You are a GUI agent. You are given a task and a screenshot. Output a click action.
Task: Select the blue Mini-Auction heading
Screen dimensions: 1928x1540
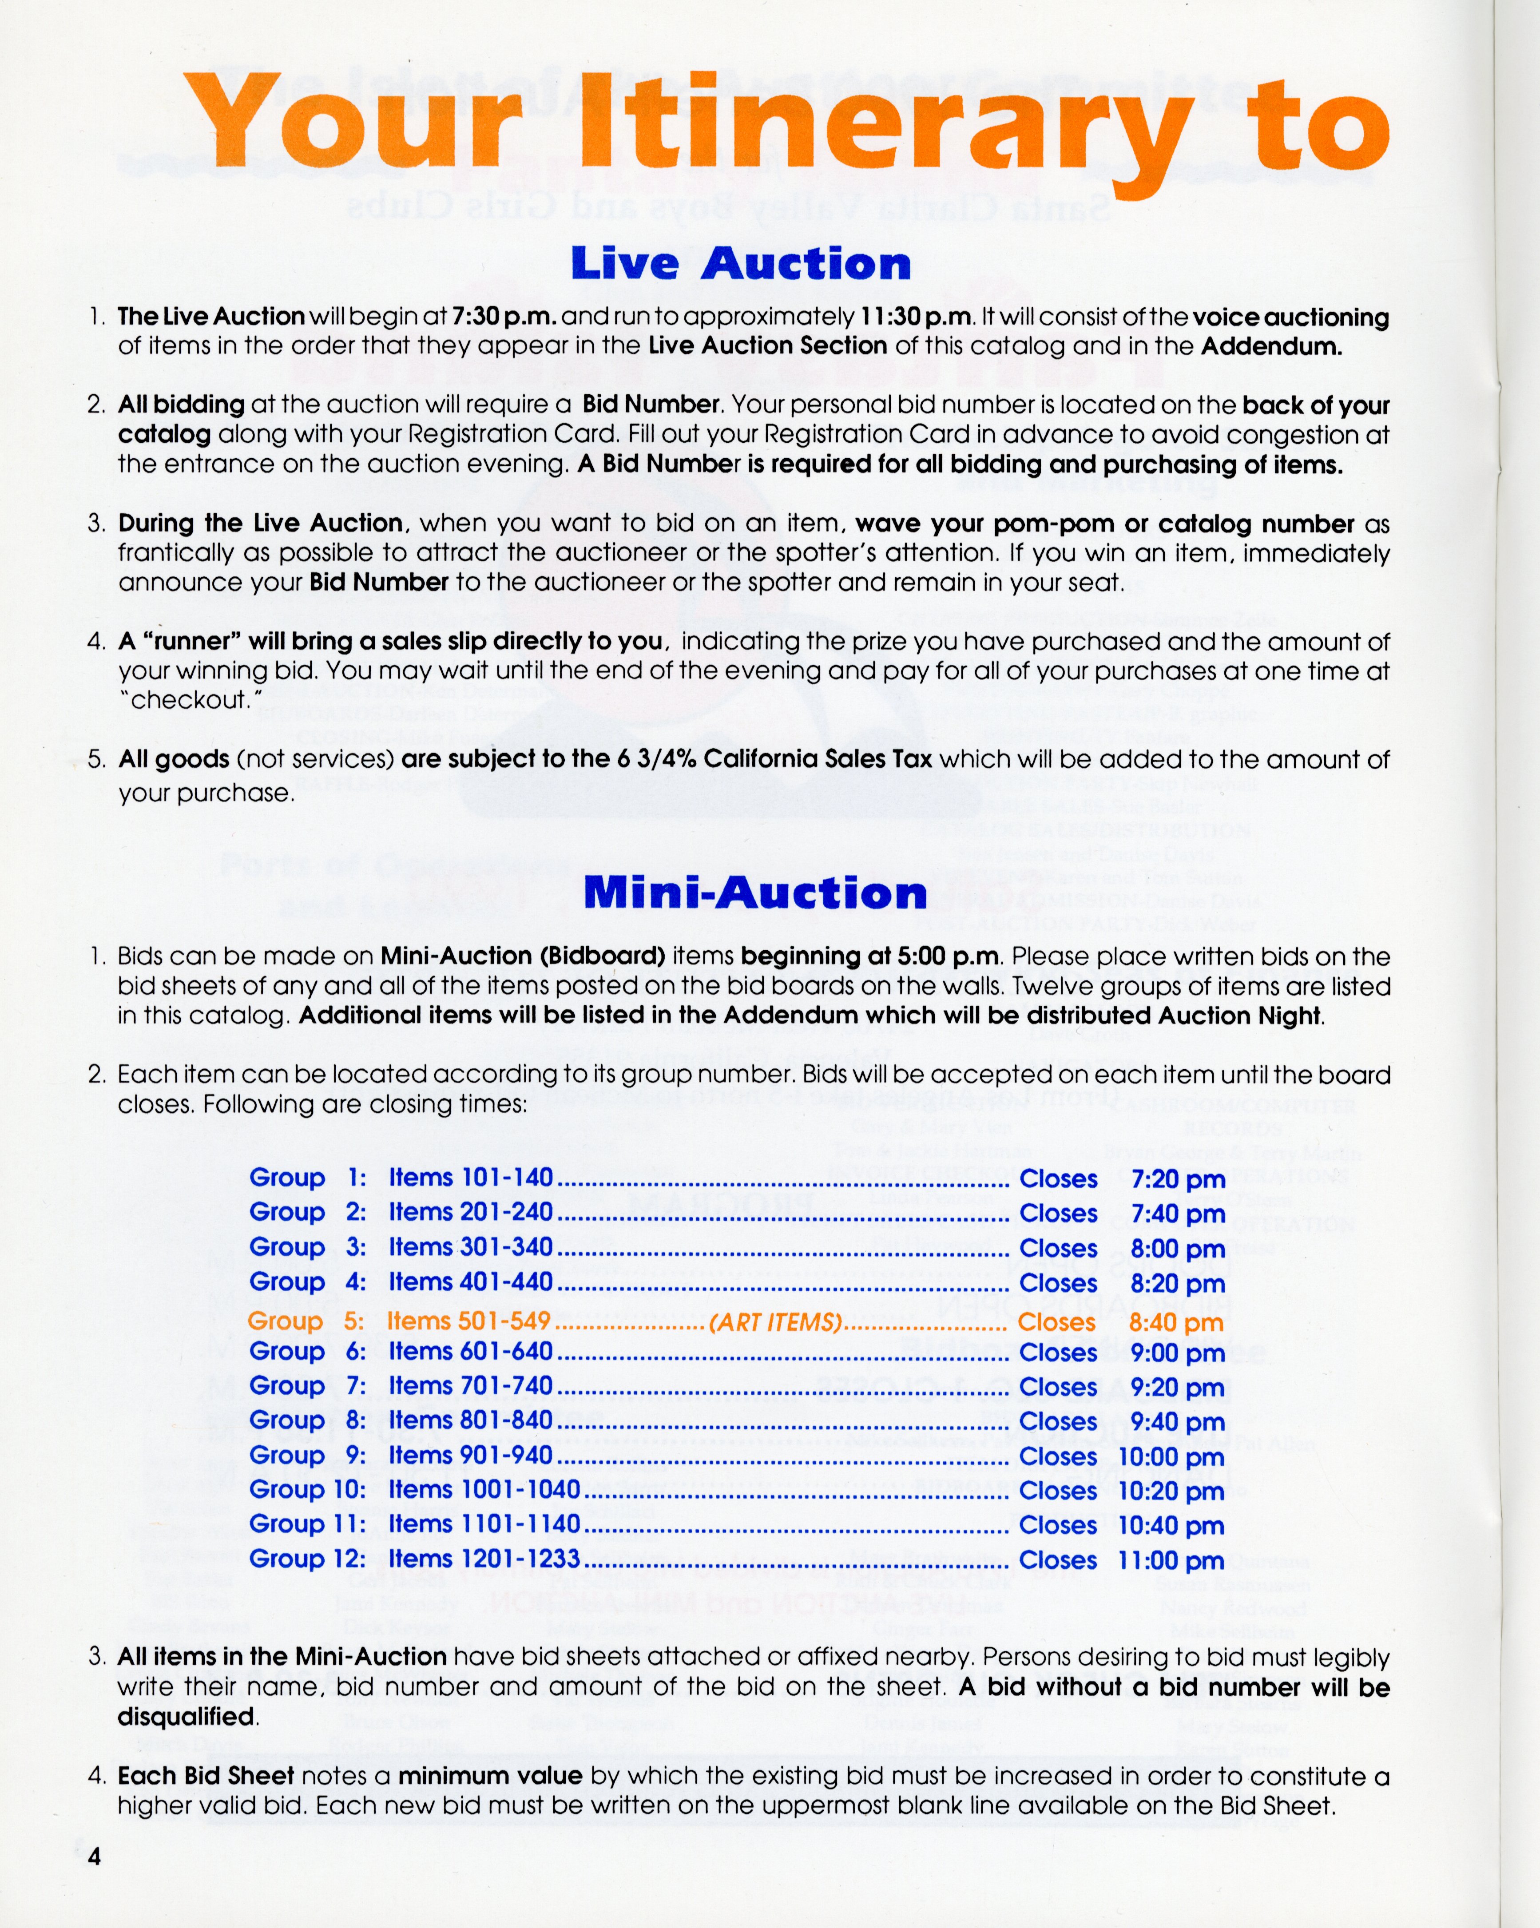756,893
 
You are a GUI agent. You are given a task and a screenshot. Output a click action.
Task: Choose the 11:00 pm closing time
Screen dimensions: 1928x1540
1171,1560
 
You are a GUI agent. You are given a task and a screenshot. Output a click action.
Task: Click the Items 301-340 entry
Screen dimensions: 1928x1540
470,1247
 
